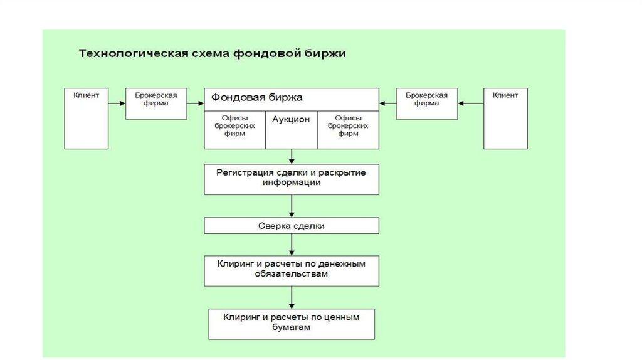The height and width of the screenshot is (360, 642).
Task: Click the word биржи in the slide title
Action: pos(323,54)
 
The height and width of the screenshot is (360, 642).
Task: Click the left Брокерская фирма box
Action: pos(156,103)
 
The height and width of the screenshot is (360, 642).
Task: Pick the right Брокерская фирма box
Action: pos(426,103)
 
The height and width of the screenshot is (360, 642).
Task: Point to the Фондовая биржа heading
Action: pos(257,98)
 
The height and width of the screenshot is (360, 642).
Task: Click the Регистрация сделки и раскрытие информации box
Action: pos(291,179)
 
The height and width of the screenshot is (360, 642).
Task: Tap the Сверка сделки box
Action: pos(291,225)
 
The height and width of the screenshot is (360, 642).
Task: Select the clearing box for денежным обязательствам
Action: pos(291,270)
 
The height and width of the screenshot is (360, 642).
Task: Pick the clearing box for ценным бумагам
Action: pos(291,323)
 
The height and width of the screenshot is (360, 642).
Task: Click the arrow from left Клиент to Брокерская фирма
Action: pos(117,103)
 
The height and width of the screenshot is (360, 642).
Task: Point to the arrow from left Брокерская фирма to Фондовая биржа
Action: pos(195,103)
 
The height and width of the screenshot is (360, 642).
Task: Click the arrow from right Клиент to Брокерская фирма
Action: pos(470,103)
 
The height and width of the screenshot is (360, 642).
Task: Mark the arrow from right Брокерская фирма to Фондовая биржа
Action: pos(387,103)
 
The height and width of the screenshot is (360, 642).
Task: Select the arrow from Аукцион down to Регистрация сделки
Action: pos(292,156)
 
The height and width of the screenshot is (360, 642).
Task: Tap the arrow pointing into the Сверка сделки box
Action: pos(292,206)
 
